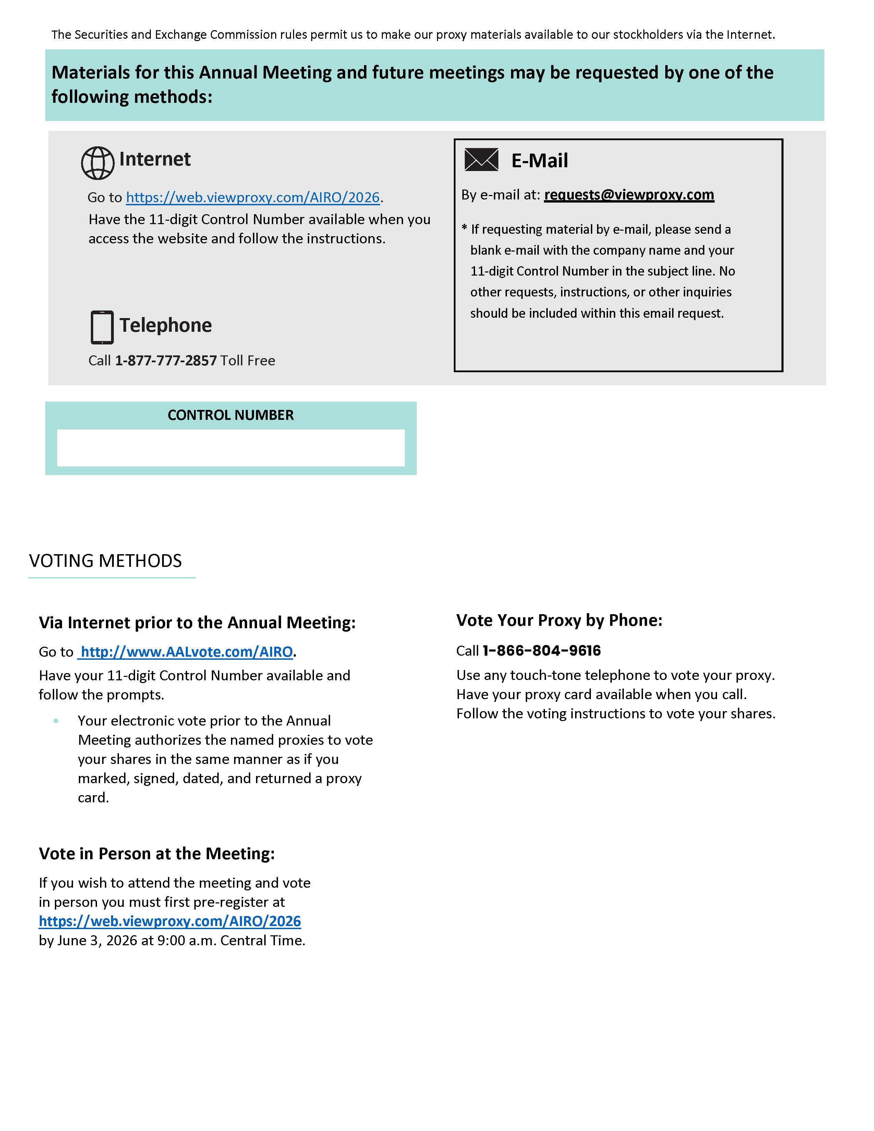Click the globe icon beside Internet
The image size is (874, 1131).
coord(97,163)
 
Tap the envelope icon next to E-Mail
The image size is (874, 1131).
coord(481,159)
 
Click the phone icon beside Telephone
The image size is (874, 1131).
coord(102,327)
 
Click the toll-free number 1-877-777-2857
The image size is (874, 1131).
coord(166,361)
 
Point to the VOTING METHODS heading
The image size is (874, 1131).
coord(106,561)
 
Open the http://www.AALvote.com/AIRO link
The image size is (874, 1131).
coord(187,652)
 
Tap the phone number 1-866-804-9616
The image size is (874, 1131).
coord(542,650)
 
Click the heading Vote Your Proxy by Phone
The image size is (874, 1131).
coord(559,620)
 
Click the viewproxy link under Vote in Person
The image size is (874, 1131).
coord(170,921)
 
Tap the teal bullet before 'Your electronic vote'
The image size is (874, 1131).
coord(56,721)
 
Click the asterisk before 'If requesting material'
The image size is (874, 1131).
coord(464,227)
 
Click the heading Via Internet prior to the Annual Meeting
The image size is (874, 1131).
coord(197,622)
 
